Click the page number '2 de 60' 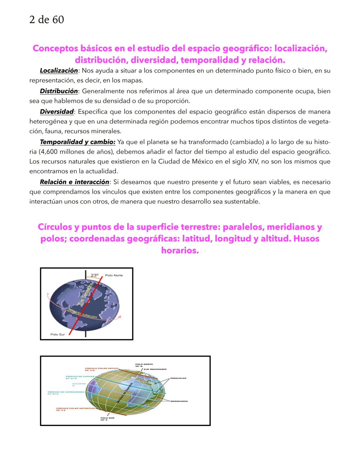coord(47,20)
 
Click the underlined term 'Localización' coord(59,71)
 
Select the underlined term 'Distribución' coord(59,91)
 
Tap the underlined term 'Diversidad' coord(57,112)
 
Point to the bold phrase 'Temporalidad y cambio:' coord(77,142)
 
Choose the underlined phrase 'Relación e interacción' coord(74,182)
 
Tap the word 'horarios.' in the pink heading coord(180,251)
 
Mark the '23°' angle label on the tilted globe coord(95,276)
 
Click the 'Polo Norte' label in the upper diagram coord(114,275)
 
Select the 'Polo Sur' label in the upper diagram coord(57,334)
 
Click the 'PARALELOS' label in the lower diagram coord(178,378)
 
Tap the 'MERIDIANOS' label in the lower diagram coord(179,401)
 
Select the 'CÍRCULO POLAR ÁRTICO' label coord(102,368)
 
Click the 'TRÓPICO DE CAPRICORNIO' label coord(66,392)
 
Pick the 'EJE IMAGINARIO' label coord(155,369)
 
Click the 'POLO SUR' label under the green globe coord(107,418)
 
